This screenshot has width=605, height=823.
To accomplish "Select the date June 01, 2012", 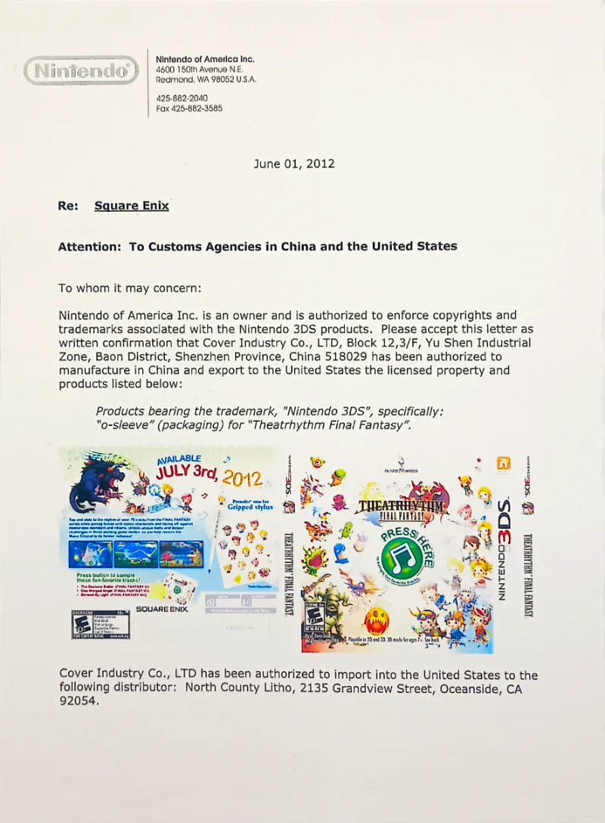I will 293,163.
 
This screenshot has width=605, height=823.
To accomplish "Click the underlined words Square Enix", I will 132,206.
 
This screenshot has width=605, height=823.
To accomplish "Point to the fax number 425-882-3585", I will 189,108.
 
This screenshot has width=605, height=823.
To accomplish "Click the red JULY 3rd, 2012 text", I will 210,475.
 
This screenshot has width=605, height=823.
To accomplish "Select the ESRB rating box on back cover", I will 100,625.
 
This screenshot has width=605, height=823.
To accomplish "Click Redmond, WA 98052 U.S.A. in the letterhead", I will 206,79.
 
